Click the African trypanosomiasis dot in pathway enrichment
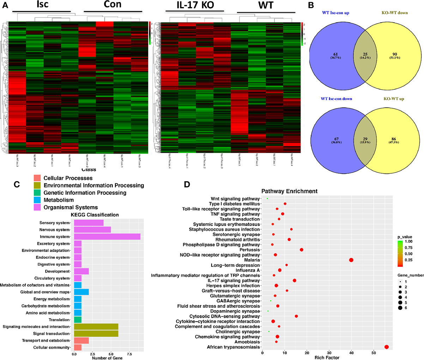(387, 347)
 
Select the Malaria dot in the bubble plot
(351, 260)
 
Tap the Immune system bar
(107, 237)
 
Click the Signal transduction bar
(96, 334)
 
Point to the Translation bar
(78, 320)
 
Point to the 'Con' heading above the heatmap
(113, 4)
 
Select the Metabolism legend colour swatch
(37, 200)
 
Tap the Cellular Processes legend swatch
(37, 178)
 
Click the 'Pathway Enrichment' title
(289, 191)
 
